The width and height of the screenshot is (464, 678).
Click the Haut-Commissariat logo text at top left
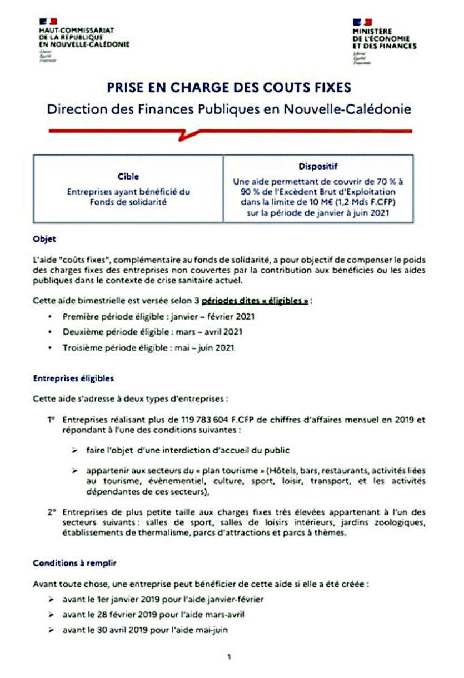83,36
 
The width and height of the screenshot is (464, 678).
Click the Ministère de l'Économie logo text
384,38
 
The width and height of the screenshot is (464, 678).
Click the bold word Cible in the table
128,177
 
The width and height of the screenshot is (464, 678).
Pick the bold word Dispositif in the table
318,166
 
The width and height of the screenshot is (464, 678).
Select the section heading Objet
44,240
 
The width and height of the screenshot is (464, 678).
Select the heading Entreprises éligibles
73,378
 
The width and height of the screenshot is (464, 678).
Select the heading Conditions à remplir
75,563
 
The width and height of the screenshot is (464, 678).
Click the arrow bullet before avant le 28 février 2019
51,615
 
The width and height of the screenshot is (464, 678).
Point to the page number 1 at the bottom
229,657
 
